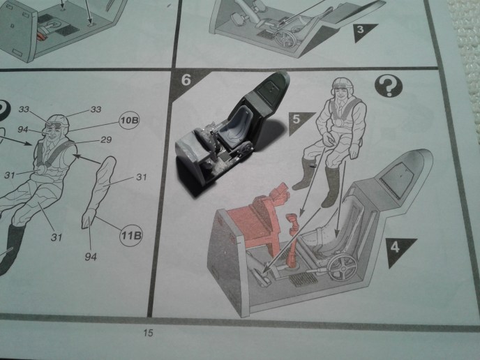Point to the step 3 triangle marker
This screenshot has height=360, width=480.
pyautogui.click(x=362, y=31)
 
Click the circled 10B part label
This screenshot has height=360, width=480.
pyautogui.click(x=129, y=120)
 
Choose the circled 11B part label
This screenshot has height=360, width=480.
pyautogui.click(x=131, y=235)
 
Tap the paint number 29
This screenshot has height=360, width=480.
pyautogui.click(x=106, y=140)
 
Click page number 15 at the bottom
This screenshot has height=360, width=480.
pyautogui.click(x=148, y=333)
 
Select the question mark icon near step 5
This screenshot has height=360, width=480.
pyautogui.click(x=389, y=86)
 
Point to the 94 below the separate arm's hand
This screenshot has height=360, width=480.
pyautogui.click(x=91, y=257)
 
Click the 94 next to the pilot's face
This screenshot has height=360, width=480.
pyautogui.click(x=23, y=130)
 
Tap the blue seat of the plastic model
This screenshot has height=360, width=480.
pyautogui.click(x=236, y=128)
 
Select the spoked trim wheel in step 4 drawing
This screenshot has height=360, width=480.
pyautogui.click(x=342, y=267)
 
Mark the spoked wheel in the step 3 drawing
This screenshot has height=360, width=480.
pyautogui.click(x=285, y=39)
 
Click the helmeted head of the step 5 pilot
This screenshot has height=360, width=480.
pyautogui.click(x=343, y=89)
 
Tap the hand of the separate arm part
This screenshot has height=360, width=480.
pyautogui.click(x=88, y=218)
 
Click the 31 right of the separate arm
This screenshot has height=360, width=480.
pyautogui.click(x=141, y=177)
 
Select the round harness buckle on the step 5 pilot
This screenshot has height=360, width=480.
pyautogui.click(x=339, y=122)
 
